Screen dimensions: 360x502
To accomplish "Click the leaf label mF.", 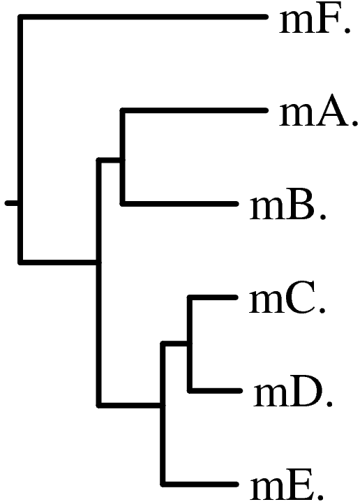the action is (315, 21).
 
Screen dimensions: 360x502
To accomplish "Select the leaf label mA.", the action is (318, 114).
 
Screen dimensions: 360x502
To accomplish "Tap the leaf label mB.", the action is (287, 207).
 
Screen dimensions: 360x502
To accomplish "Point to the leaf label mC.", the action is (287, 301).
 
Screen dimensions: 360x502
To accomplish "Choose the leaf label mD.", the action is (292, 394).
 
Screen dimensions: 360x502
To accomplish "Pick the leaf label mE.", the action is (287, 488).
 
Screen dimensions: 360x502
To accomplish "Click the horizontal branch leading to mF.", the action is (143, 17).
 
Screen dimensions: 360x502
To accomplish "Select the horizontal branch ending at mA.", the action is (193, 110).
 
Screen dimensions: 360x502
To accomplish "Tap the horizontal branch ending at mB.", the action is (179, 204).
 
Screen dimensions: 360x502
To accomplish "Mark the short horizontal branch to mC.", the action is (213, 297).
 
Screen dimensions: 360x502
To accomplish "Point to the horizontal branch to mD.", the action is (215, 390).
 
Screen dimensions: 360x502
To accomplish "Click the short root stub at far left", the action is (12, 203).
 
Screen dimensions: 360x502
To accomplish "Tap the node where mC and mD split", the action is (190, 344).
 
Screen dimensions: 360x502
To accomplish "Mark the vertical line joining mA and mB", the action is (122, 157).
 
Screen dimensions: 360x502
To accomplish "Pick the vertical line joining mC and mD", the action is (190, 344).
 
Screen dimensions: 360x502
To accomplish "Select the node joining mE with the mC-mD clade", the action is (163, 406).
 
